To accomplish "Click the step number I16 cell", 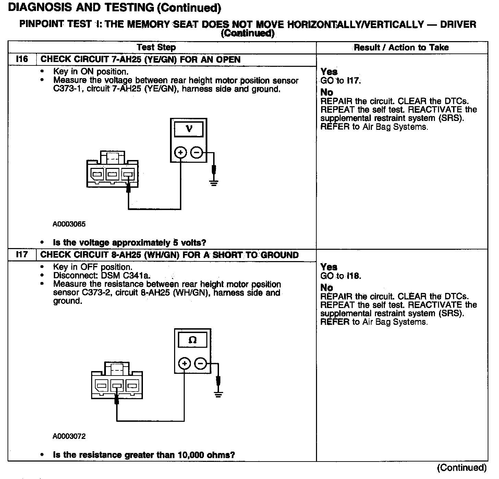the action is coord(22,59).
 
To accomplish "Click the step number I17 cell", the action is coord(22,255).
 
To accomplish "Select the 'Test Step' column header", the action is coord(156,47).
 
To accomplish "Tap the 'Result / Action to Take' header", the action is coord(401,47).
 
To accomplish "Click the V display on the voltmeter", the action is coord(189,129).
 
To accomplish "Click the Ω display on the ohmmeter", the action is coord(193,340).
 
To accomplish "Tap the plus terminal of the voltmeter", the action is coord(181,152).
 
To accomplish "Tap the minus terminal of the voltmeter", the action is coord(196,152).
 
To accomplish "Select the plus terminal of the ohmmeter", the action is coord(184,363).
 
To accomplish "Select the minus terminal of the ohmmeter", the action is coord(200,363).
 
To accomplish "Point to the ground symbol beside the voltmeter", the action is coord(214,182).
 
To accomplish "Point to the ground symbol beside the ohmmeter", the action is coord(218,393).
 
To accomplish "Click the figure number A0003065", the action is coord(69,224).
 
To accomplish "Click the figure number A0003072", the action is coord(69,436).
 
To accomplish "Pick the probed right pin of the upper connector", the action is coord(128,175).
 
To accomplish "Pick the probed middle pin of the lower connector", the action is coord(117,386).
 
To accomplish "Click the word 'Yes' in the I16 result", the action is coord(329,72).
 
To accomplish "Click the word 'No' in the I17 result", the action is coord(327,288).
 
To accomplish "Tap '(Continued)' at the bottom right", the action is coord(462,468).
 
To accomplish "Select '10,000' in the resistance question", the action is coord(192,455).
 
